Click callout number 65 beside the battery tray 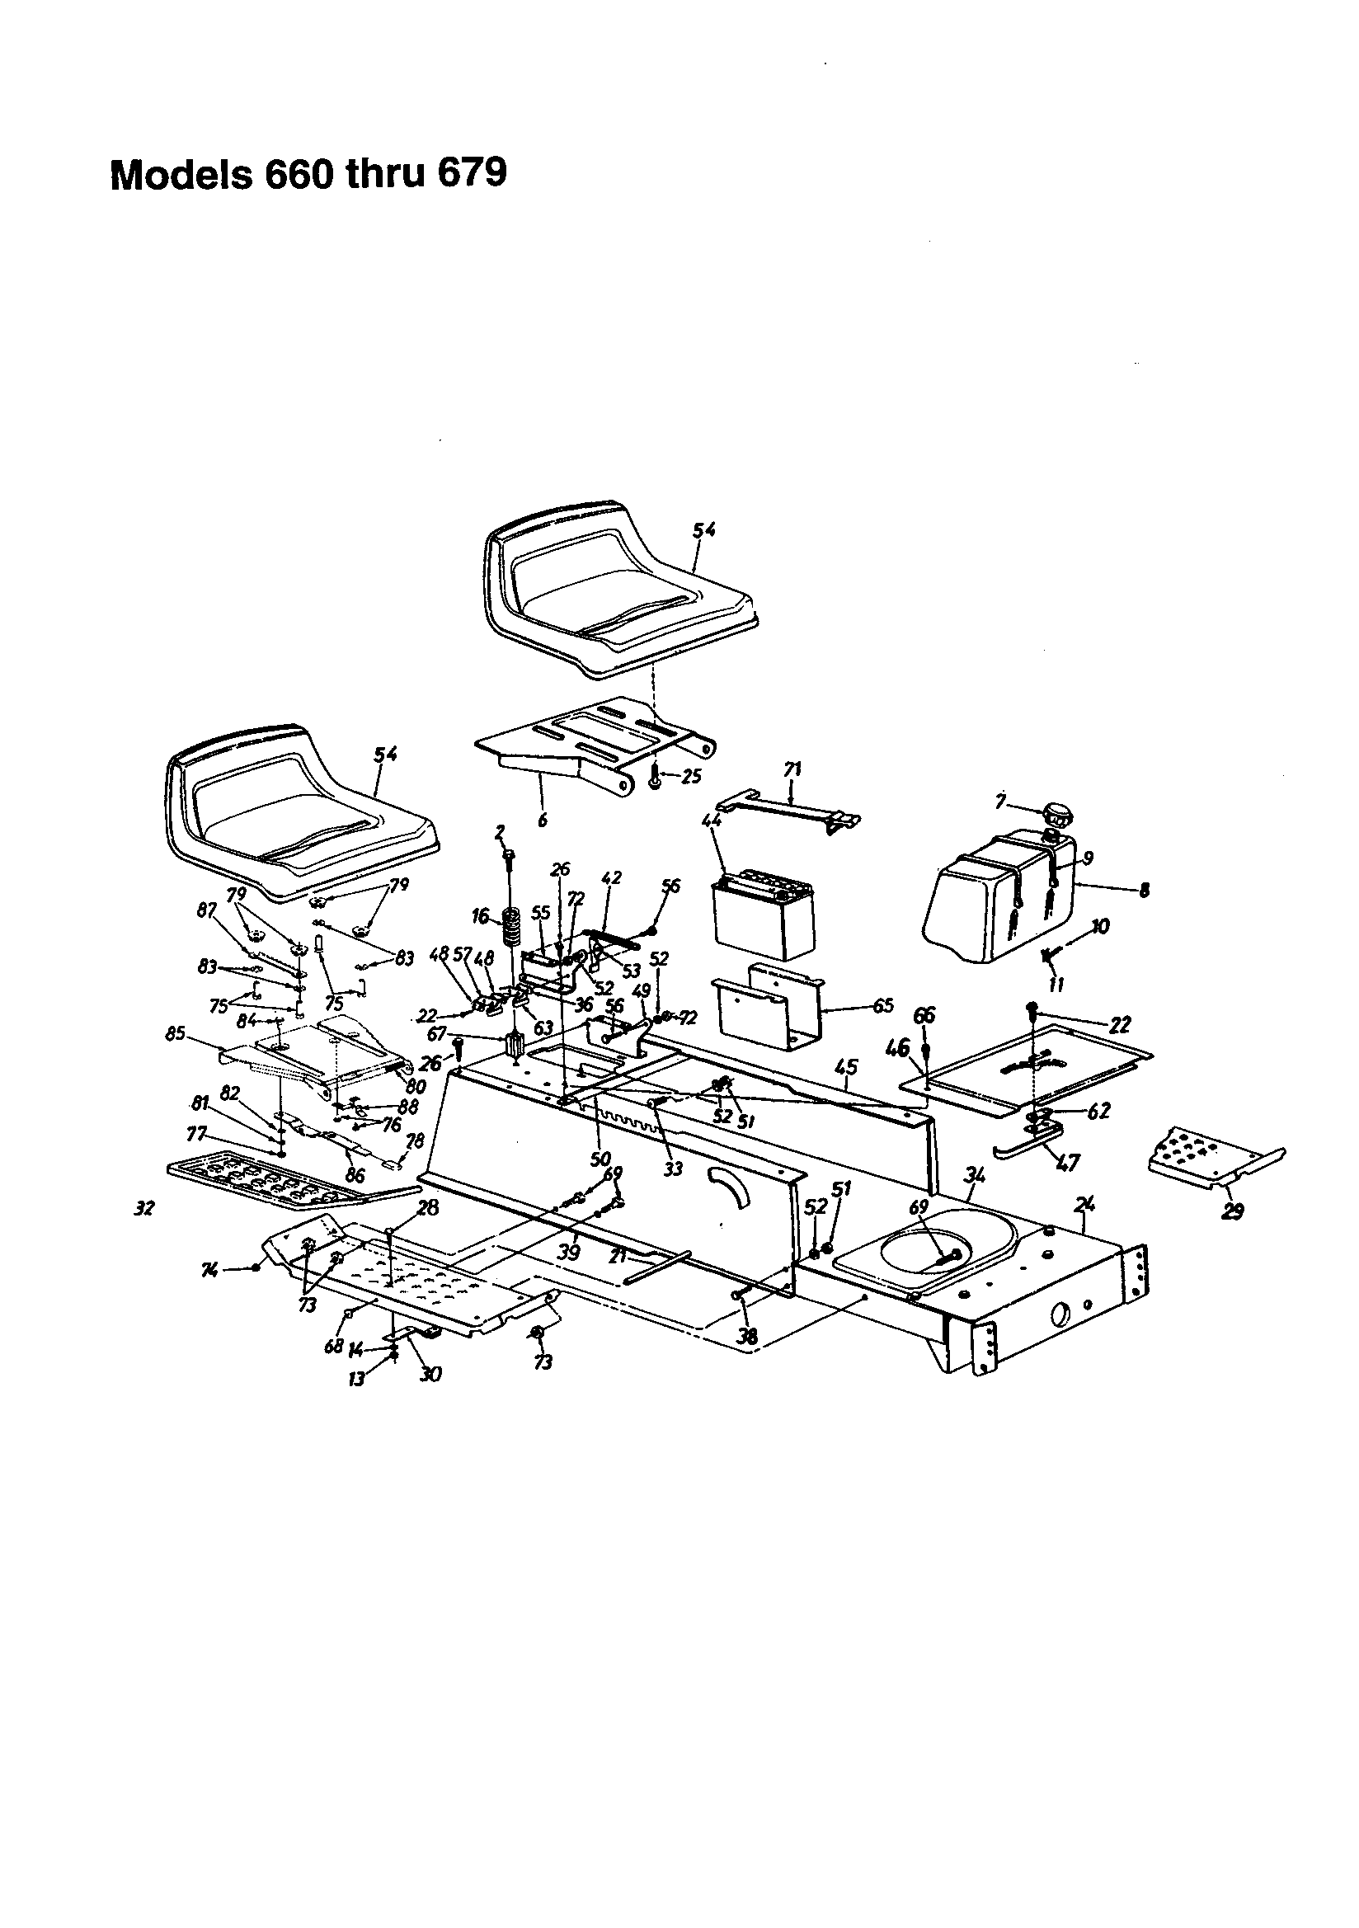[x=882, y=1005]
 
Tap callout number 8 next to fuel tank [x=1144, y=890]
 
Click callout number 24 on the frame [x=1086, y=1204]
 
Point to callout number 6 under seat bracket [x=543, y=820]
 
